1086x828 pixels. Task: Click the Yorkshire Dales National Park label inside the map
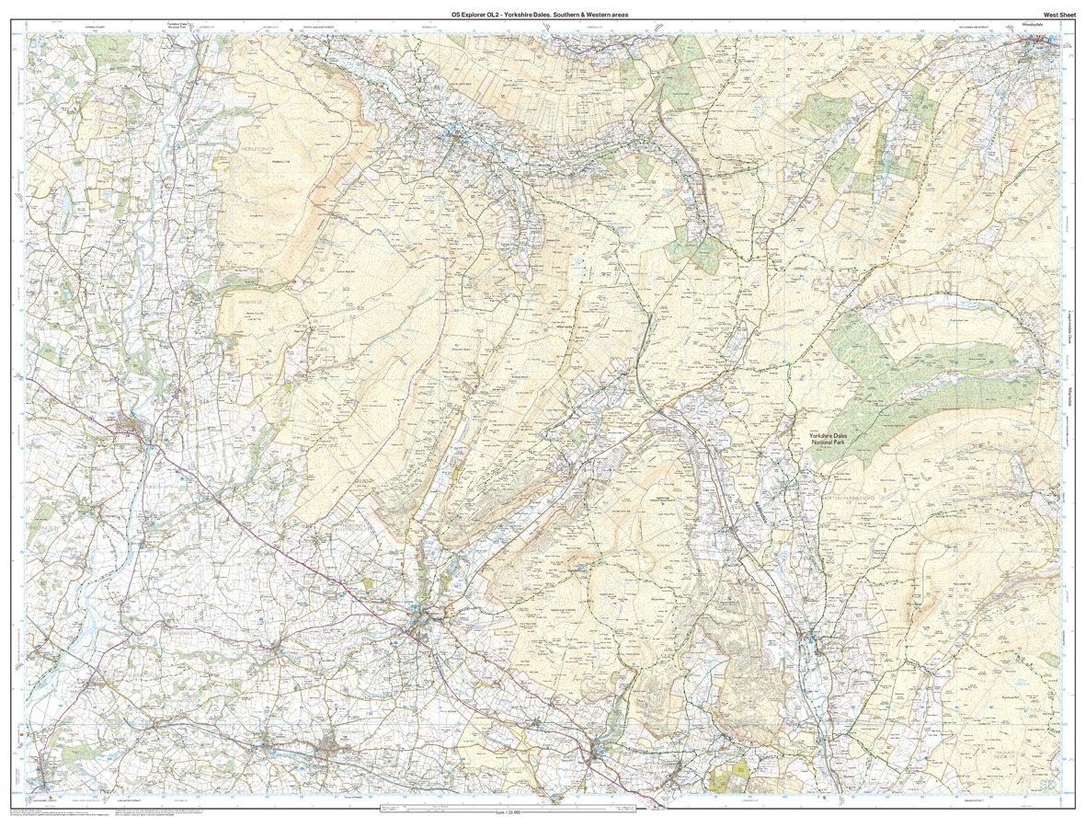point(832,439)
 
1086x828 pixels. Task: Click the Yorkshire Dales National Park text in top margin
point(178,25)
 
